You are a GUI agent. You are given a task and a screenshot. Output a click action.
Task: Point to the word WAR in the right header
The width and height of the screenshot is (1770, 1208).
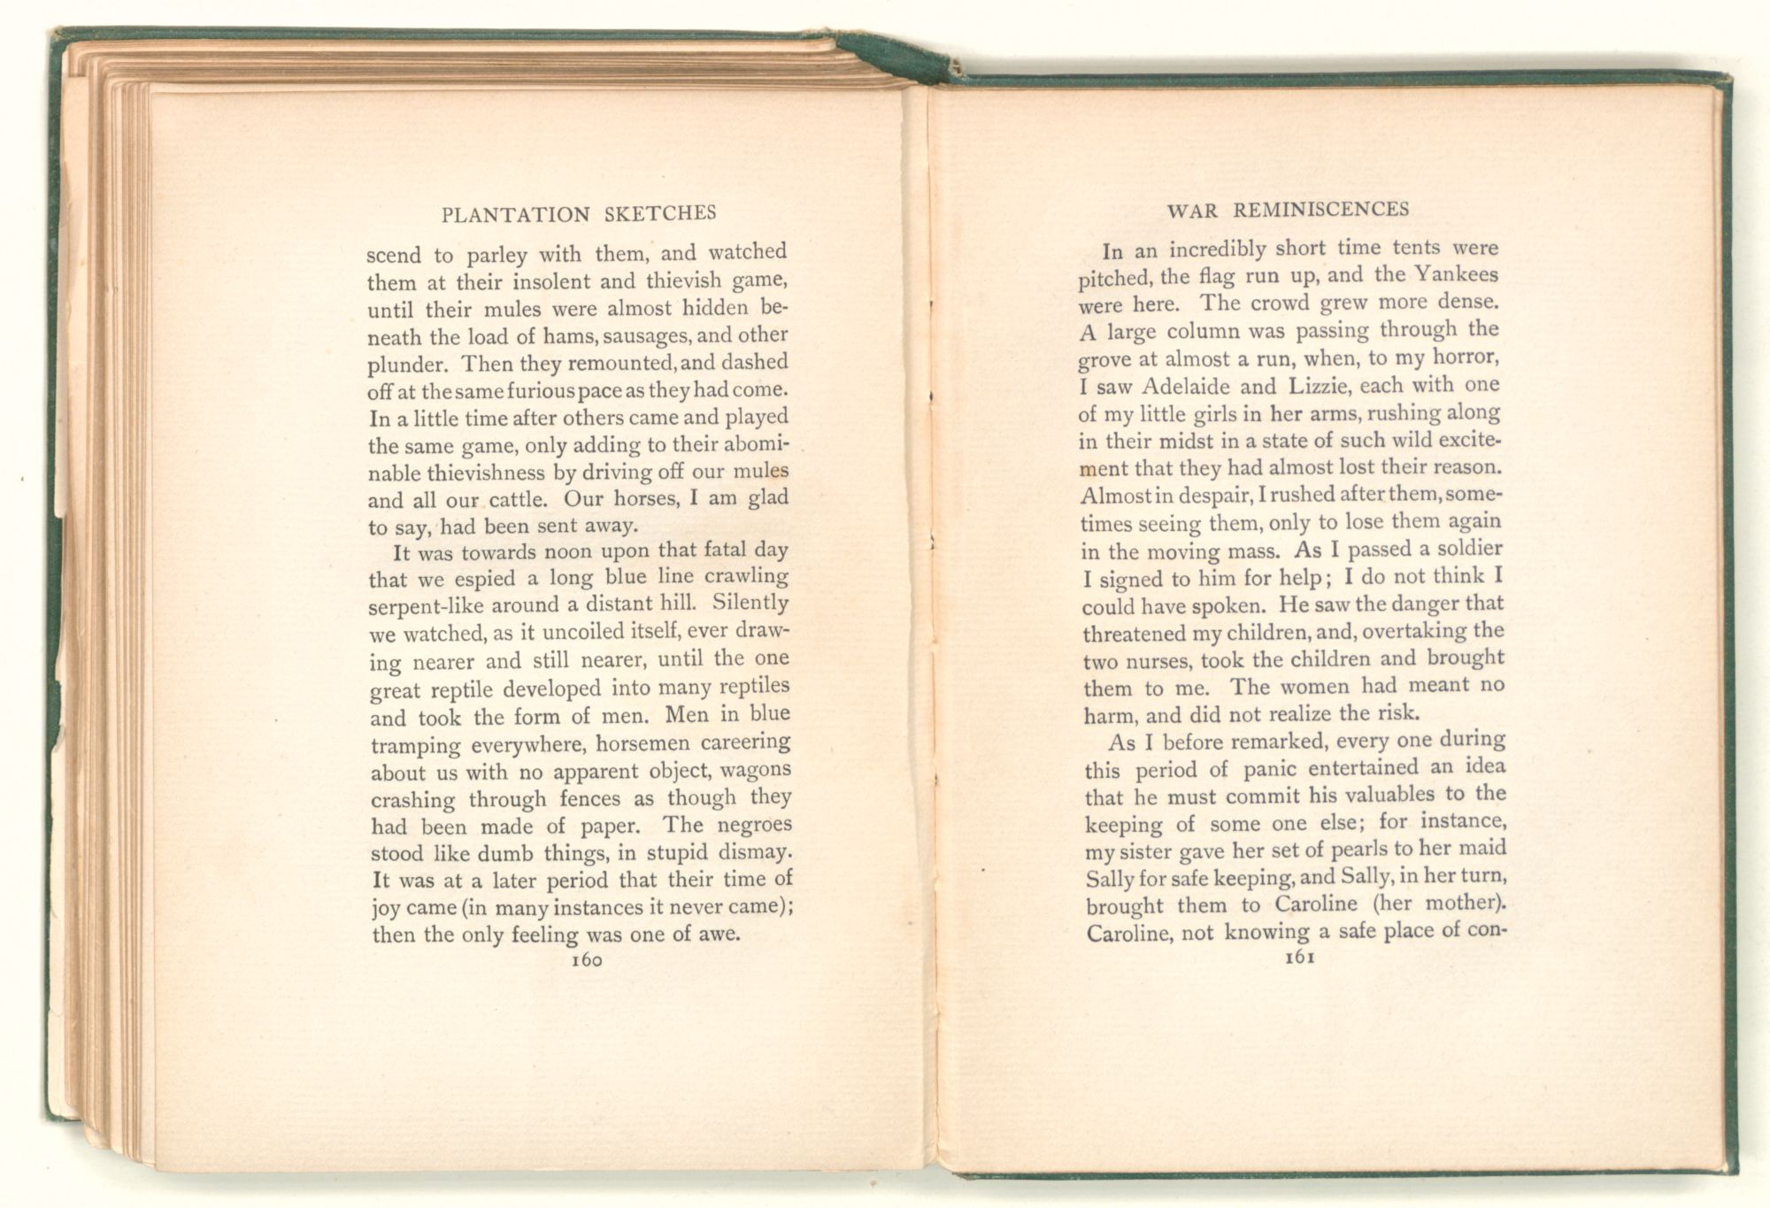pyautogui.click(x=1191, y=212)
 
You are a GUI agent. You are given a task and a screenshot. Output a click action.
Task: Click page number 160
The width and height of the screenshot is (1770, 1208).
pyautogui.click(x=587, y=961)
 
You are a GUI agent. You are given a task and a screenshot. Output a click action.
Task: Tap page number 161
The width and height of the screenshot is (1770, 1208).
pyautogui.click(x=1297, y=957)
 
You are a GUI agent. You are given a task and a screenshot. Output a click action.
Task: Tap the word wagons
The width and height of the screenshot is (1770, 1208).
pyautogui.click(x=755, y=771)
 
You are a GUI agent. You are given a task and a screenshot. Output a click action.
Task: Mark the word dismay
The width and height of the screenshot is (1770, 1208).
pyautogui.click(x=751, y=853)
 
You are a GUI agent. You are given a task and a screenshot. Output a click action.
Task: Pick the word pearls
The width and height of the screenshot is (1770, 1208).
pyautogui.click(x=1317, y=850)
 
